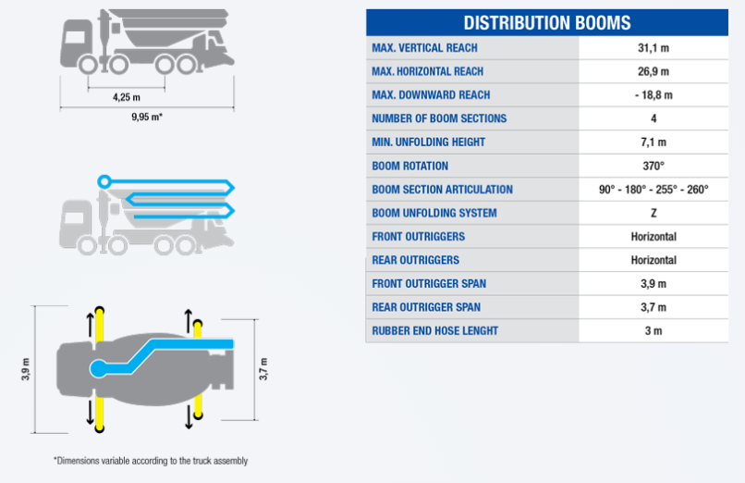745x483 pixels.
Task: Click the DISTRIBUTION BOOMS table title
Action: pyautogui.click(x=547, y=23)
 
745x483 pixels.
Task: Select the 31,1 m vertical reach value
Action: pyautogui.click(x=653, y=48)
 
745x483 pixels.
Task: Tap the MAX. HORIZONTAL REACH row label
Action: pyautogui.click(x=428, y=71)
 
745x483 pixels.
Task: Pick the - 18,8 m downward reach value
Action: pyautogui.click(x=653, y=95)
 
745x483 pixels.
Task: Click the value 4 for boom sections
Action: pyautogui.click(x=653, y=118)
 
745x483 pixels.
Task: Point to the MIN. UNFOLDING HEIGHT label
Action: pyautogui.click(x=429, y=142)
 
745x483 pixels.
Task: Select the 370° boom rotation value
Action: pyautogui.click(x=653, y=166)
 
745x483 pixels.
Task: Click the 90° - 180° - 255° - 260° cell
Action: pyautogui.click(x=653, y=190)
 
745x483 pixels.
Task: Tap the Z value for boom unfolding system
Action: pyautogui.click(x=653, y=213)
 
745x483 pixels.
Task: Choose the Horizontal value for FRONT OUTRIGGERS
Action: pyautogui.click(x=653, y=237)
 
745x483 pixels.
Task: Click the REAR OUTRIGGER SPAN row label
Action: pyautogui.click(x=426, y=307)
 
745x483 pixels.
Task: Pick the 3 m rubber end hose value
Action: pyautogui.click(x=653, y=331)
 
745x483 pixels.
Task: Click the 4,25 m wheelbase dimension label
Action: pyautogui.click(x=127, y=97)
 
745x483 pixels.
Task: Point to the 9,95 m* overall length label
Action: pyautogui.click(x=147, y=117)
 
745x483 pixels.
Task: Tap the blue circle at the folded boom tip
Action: pyautogui.click(x=104, y=181)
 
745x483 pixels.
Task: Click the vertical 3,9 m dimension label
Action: pyautogui.click(x=26, y=369)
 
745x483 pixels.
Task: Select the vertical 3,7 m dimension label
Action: pyautogui.click(x=263, y=369)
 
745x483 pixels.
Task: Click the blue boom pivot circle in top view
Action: pyautogui.click(x=98, y=368)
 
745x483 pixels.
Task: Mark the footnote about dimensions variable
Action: pyautogui.click(x=151, y=461)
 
